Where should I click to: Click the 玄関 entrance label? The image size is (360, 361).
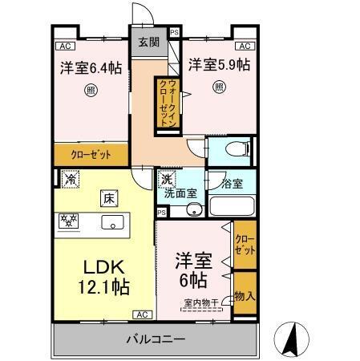pyautogui.click(x=148, y=43)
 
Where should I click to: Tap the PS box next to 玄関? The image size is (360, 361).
pyautogui.click(x=175, y=34)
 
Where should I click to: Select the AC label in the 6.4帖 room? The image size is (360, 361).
pyautogui.click(x=65, y=46)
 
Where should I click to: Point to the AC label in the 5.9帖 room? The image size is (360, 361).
pyautogui.click(x=245, y=46)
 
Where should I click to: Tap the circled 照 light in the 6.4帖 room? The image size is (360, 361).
pyautogui.click(x=90, y=91)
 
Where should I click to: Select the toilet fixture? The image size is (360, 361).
pyautogui.click(x=233, y=148)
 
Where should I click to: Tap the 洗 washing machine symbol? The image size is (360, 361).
pyautogui.click(x=168, y=180)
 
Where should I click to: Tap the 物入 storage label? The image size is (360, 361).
pyautogui.click(x=245, y=296)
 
